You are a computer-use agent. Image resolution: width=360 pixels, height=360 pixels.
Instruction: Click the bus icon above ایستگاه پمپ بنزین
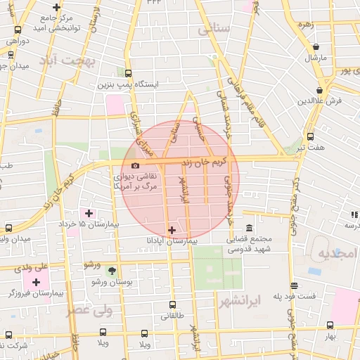[x=127, y=72]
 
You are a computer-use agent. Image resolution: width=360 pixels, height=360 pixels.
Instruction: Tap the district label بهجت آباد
[x=69, y=60]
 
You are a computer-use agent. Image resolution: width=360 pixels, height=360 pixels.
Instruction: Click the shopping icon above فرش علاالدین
[x=320, y=90]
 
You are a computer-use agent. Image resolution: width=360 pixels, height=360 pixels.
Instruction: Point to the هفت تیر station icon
[x=310, y=136]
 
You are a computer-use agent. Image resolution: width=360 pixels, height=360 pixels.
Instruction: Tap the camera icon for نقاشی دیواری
[x=135, y=165]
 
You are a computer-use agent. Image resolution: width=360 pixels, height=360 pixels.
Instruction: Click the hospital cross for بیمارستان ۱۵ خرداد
[x=89, y=213]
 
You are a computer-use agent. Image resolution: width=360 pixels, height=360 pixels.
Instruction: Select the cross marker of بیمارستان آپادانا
[x=172, y=230]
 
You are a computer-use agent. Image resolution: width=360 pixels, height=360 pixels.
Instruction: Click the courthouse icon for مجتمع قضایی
[x=250, y=229]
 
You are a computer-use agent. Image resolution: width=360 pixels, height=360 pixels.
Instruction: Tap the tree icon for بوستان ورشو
[x=111, y=271]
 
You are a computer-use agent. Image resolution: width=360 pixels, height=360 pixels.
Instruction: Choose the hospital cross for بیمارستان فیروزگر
[x=36, y=281]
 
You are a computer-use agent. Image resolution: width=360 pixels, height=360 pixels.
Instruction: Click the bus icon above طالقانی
[x=173, y=304]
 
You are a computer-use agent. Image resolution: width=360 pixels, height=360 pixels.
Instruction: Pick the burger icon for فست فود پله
[x=294, y=286]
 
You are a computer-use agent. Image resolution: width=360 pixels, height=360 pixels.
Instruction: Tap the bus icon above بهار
[x=330, y=325]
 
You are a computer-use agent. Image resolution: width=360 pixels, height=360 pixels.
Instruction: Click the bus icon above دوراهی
[x=18, y=30]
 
